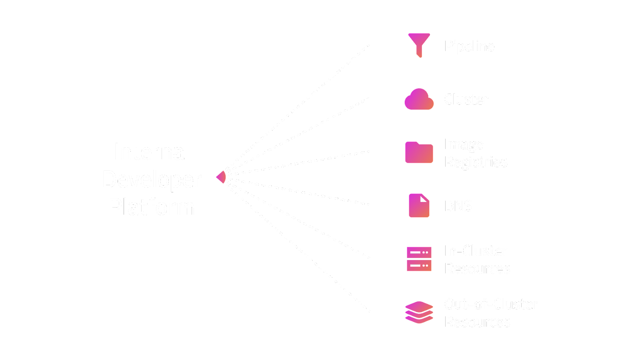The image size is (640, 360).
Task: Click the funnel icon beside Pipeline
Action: (x=419, y=44)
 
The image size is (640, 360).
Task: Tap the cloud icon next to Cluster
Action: (x=419, y=100)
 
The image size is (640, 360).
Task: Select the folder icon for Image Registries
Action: (x=419, y=153)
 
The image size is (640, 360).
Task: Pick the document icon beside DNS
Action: (x=419, y=206)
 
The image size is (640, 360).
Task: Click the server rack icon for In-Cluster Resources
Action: (x=419, y=259)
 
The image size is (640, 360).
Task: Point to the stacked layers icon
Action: (x=419, y=312)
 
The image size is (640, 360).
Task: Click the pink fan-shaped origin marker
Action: (x=222, y=177)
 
